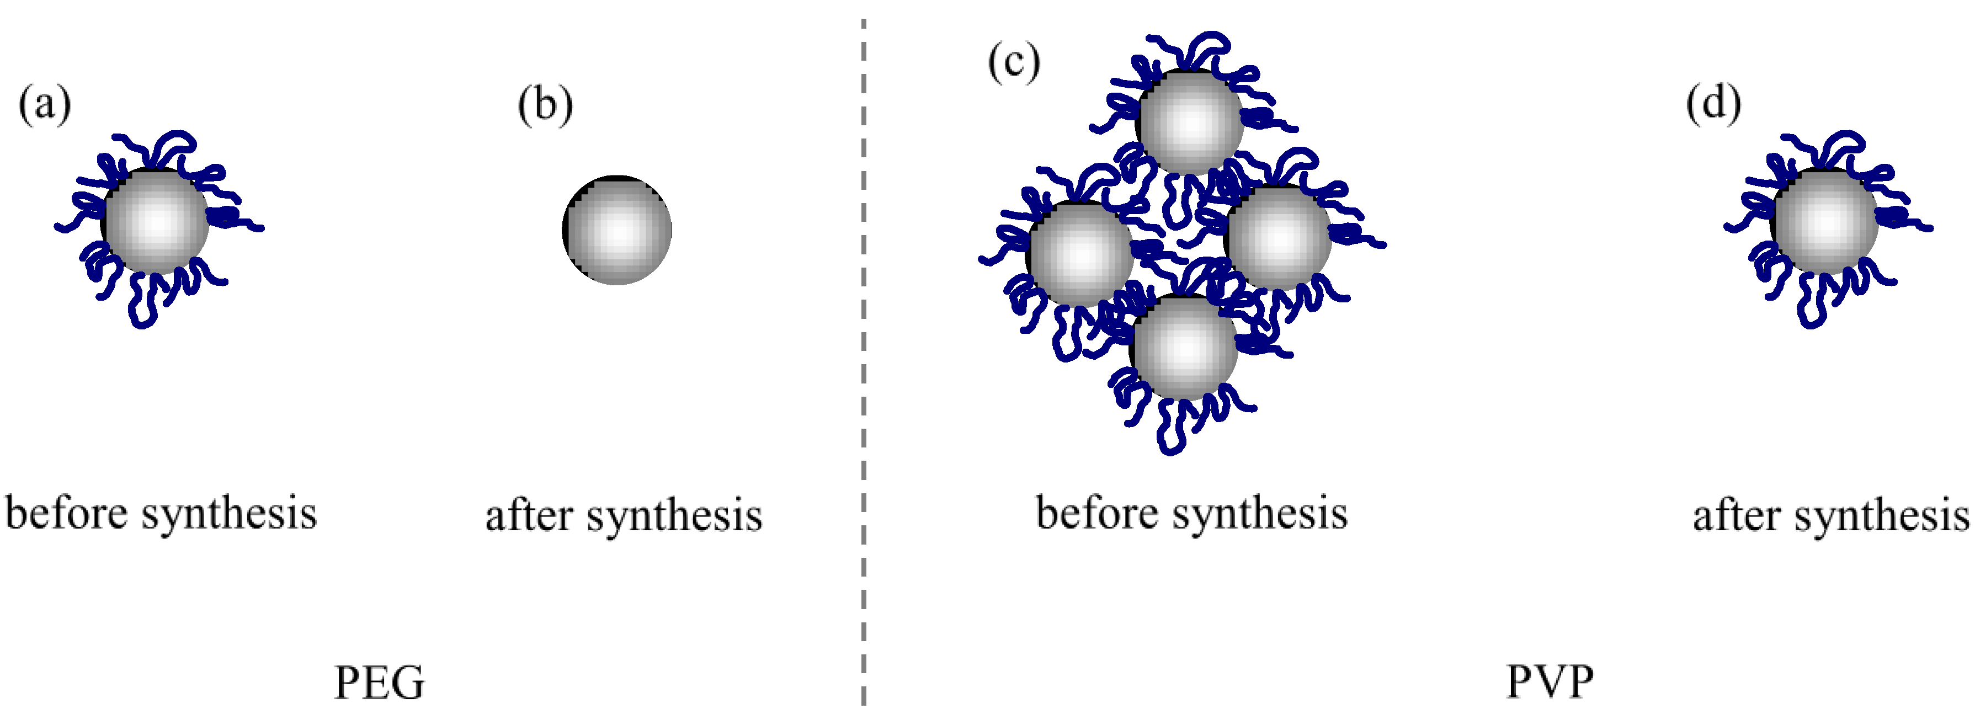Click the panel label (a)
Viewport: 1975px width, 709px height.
(x=45, y=105)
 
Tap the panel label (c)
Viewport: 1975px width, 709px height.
(x=1014, y=62)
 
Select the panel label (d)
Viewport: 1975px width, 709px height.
(x=1713, y=104)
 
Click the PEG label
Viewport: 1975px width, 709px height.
(x=380, y=681)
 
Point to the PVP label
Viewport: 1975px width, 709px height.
(x=1550, y=681)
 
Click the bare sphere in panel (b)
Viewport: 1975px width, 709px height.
(x=617, y=230)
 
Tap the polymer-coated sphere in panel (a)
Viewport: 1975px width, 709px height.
(x=156, y=221)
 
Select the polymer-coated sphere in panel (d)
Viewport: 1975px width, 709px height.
(x=1825, y=221)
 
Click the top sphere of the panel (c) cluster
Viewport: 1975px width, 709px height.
(x=1190, y=121)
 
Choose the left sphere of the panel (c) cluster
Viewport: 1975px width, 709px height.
(x=1079, y=253)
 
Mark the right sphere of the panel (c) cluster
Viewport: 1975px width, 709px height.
(x=1278, y=237)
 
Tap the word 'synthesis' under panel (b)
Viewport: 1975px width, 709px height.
(x=675, y=516)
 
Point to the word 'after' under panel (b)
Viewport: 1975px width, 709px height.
(x=529, y=516)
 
